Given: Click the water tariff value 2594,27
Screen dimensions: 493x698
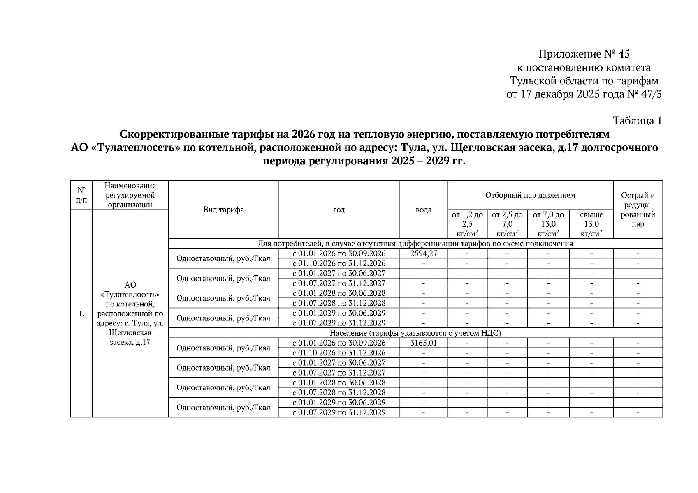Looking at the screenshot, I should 423,253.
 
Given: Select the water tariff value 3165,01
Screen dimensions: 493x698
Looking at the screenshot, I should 423,343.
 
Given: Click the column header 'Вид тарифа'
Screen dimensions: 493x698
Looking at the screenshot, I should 223,210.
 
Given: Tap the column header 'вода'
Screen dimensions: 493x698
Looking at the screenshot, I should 423,210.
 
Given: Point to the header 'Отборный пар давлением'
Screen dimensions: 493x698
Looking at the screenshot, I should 530,195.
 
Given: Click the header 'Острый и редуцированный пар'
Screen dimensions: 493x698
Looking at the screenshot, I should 638,210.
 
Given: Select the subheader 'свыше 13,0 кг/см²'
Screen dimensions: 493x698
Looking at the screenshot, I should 591,224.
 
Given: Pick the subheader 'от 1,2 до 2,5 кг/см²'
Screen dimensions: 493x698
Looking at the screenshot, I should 467,224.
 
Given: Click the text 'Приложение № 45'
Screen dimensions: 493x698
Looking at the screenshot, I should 584,54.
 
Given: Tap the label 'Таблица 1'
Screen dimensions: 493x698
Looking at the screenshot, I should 637,121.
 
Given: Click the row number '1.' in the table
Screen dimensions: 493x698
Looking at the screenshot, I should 81,313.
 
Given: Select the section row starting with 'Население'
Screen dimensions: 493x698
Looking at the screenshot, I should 415,333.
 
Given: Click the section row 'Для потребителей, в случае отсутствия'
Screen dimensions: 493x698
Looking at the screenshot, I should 415,244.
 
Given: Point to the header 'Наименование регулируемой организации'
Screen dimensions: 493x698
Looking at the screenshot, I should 130,195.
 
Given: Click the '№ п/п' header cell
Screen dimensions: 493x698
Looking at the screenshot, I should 81,195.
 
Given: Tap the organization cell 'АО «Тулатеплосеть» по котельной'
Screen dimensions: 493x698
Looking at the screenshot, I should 130,313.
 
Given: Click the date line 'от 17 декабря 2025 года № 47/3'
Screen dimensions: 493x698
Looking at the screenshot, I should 584,94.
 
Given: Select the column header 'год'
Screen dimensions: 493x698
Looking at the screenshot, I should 339,210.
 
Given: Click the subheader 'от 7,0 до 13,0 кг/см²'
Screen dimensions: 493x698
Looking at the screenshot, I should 548,224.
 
